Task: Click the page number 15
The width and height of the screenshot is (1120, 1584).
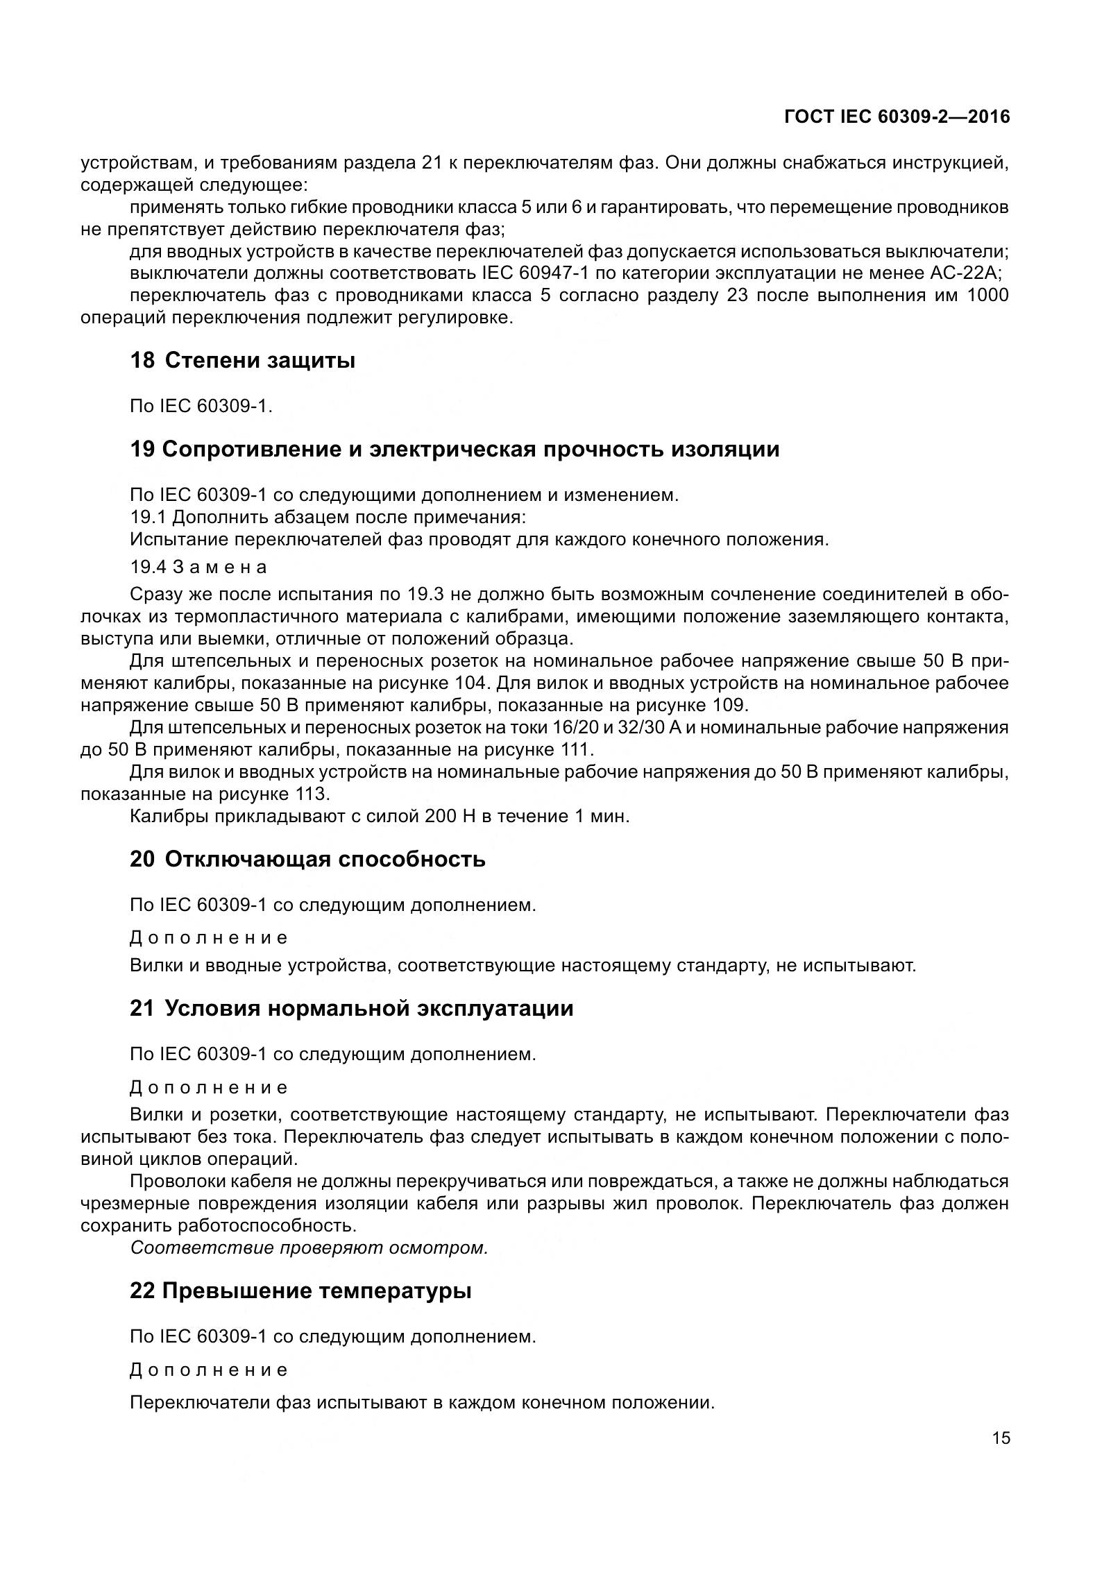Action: pyautogui.click(x=1001, y=1438)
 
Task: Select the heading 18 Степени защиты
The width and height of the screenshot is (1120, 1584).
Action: pyautogui.click(x=242, y=361)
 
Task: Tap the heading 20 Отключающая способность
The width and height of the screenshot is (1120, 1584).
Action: pyautogui.click(x=307, y=859)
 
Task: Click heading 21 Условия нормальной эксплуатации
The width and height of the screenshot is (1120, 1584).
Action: pyautogui.click(x=351, y=1008)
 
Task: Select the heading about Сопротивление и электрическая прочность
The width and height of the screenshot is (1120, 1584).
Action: pyautogui.click(x=455, y=449)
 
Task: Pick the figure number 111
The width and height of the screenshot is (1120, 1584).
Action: pyautogui.click(x=573, y=750)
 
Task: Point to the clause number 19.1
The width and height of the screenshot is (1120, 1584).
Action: pyautogui.click(x=145, y=517)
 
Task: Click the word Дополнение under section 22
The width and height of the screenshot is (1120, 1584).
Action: pyautogui.click(x=209, y=1370)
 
